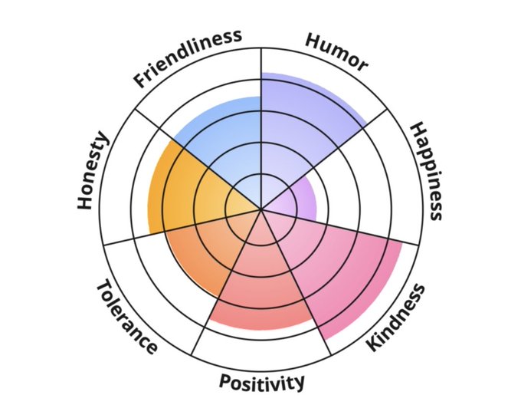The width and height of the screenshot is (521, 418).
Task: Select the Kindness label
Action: click(395, 318)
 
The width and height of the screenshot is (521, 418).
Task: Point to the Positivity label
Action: click(261, 381)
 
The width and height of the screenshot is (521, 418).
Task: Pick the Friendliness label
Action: click(187, 58)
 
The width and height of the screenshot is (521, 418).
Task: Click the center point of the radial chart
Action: click(261, 209)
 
